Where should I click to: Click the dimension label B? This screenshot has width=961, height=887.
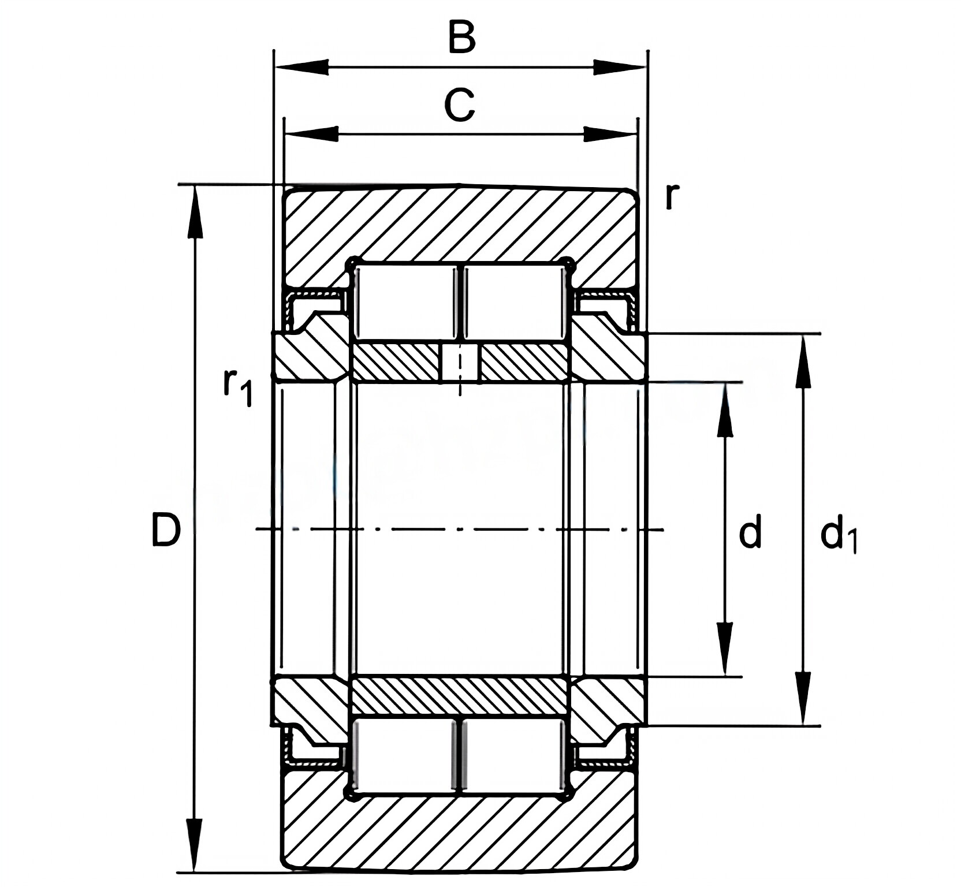(x=461, y=38)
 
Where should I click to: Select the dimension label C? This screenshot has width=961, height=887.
(x=460, y=106)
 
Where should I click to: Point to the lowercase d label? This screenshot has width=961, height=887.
(x=750, y=532)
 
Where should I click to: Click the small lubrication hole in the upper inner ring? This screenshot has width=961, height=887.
(x=460, y=364)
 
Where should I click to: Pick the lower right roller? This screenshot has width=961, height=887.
(x=514, y=755)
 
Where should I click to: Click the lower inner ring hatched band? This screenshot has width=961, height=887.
(x=460, y=695)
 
